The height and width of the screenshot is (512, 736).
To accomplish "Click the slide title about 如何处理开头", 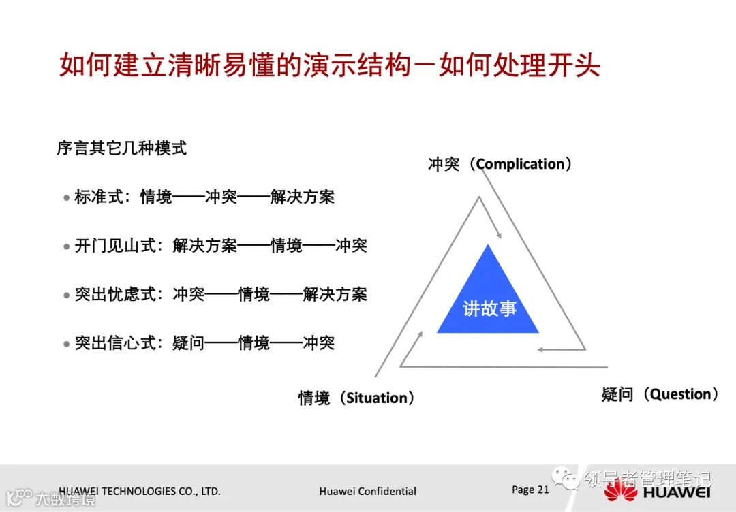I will pyautogui.click(x=330, y=65).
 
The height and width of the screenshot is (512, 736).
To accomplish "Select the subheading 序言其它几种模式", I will pyautogui.click(x=122, y=148).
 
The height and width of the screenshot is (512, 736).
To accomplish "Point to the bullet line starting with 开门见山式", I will pyautogui.click(x=219, y=246).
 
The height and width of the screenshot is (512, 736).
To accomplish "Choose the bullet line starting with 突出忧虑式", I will pyautogui.click(x=219, y=294).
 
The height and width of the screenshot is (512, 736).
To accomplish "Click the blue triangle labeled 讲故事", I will pyautogui.click(x=489, y=300).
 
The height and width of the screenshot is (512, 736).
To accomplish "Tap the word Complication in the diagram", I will pyautogui.click(x=521, y=164).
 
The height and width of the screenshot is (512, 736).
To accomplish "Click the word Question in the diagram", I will pyautogui.click(x=681, y=394).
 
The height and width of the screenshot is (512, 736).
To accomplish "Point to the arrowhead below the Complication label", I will pyautogui.click(x=499, y=235).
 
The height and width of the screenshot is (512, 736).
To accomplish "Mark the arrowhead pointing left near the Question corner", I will pyautogui.click(x=540, y=350).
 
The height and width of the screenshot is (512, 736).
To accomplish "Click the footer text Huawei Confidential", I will pyautogui.click(x=367, y=491).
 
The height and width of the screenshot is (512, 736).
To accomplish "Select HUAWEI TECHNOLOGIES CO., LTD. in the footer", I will pyautogui.click(x=140, y=491).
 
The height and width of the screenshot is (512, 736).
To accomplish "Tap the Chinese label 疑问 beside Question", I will pyautogui.click(x=617, y=394).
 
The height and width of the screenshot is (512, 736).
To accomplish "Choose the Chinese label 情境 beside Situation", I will pyautogui.click(x=314, y=398).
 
